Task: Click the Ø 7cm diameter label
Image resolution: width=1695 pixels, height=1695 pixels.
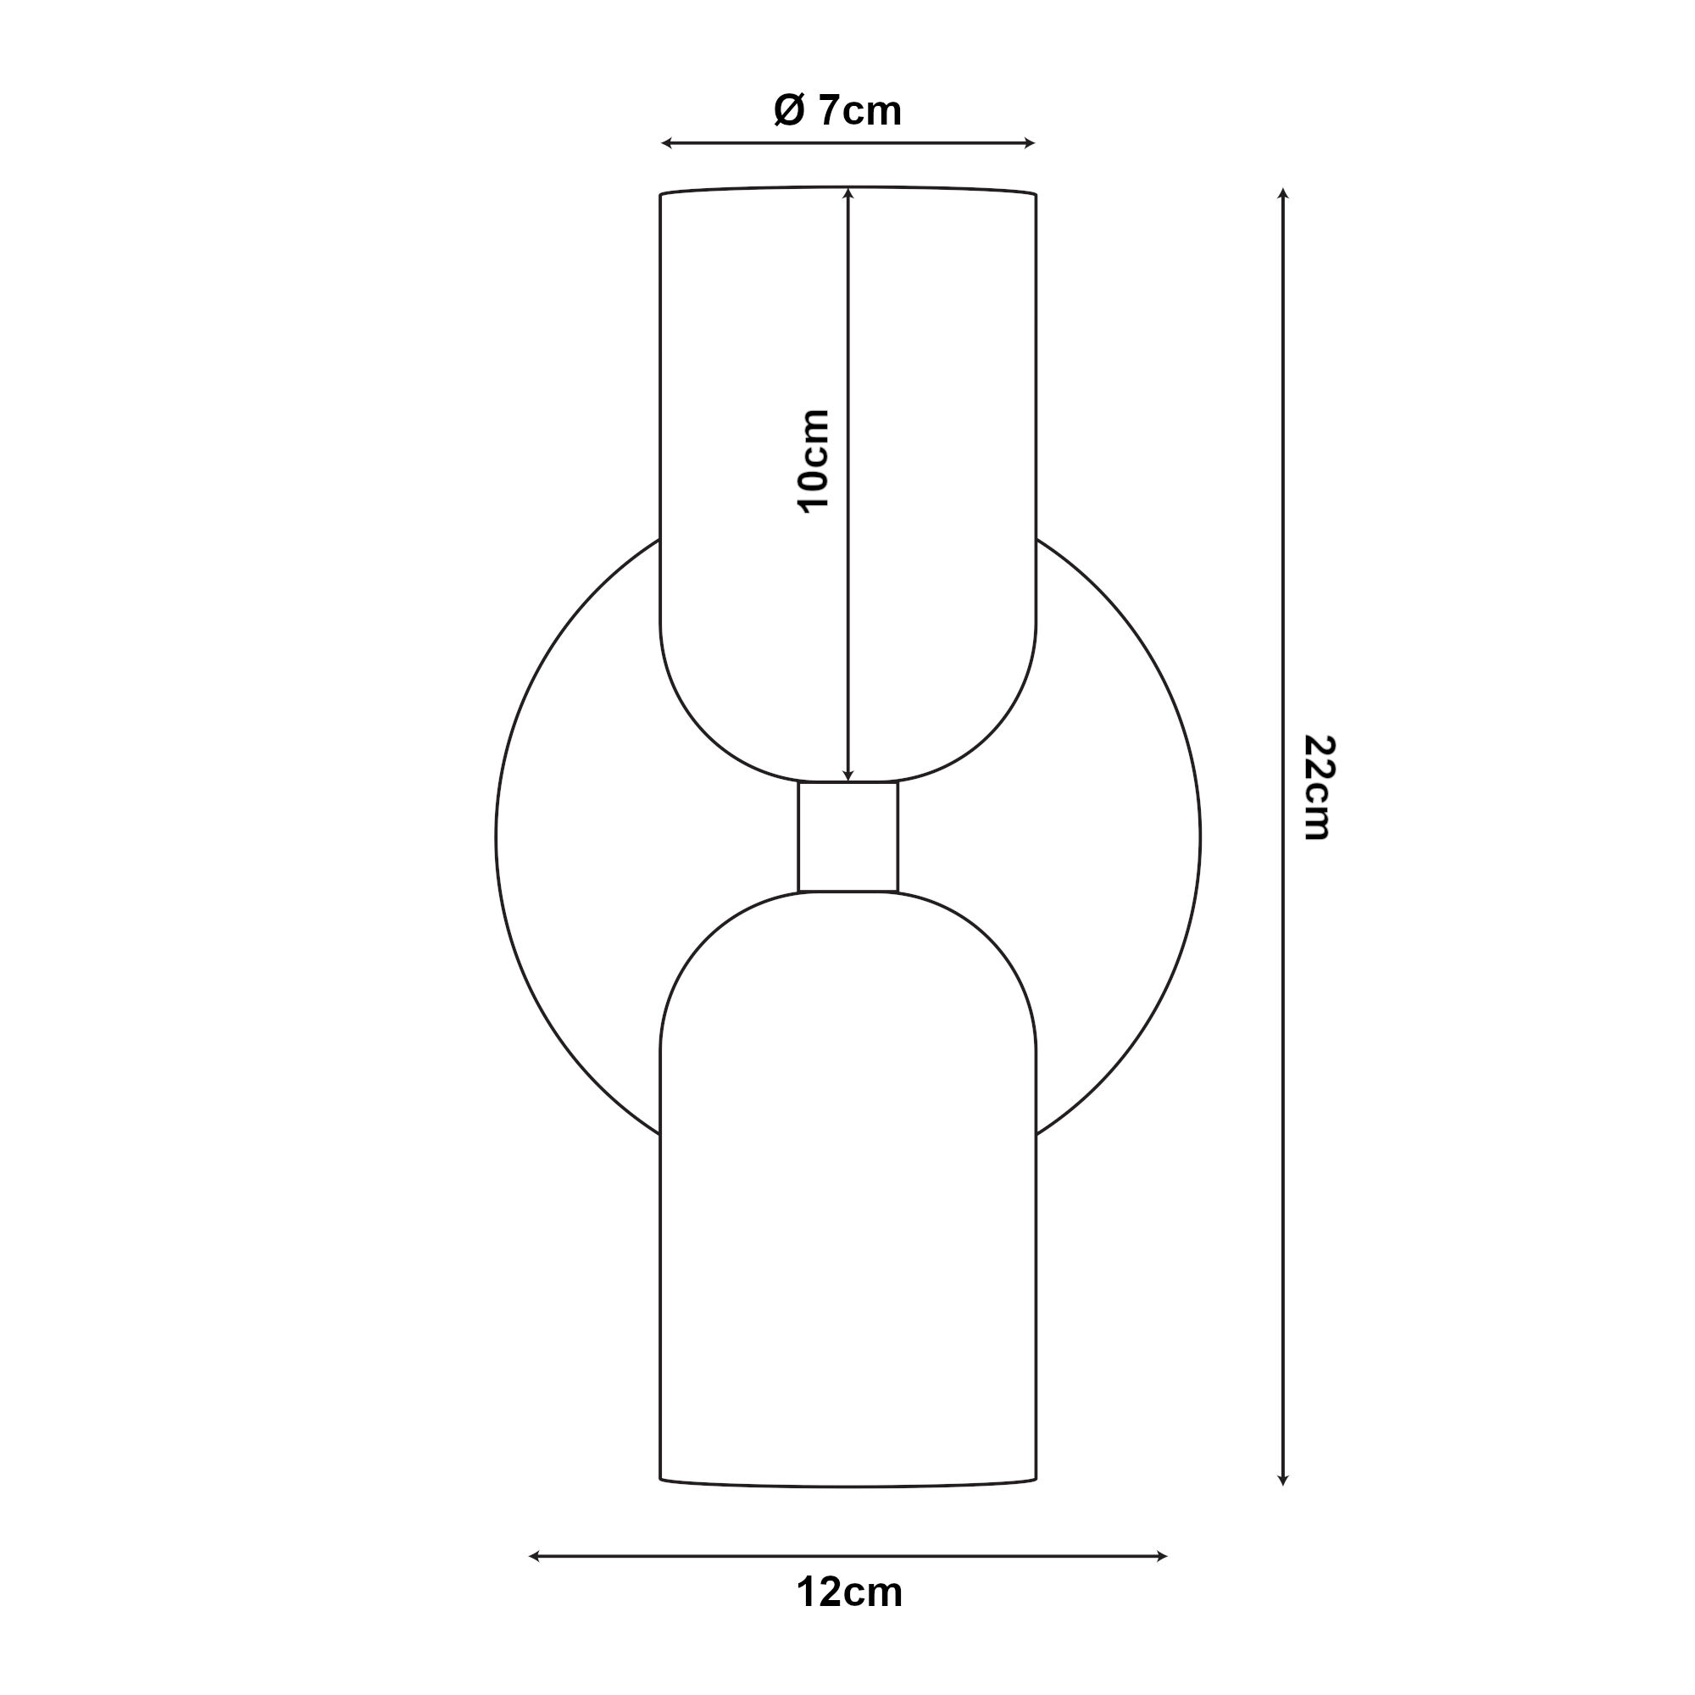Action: (x=838, y=111)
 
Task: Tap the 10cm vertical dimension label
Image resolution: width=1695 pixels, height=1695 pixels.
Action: (x=814, y=460)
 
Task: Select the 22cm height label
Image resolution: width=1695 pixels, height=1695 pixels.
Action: (x=1317, y=787)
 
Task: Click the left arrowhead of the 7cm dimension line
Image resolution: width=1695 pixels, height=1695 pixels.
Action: (x=666, y=143)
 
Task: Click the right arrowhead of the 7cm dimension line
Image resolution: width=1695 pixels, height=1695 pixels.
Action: (x=1030, y=143)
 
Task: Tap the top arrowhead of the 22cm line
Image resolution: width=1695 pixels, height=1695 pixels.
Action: (x=1282, y=194)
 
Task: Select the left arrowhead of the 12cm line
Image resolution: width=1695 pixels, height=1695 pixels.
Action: (x=534, y=1556)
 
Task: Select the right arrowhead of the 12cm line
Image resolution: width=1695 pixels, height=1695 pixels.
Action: (x=1162, y=1556)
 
